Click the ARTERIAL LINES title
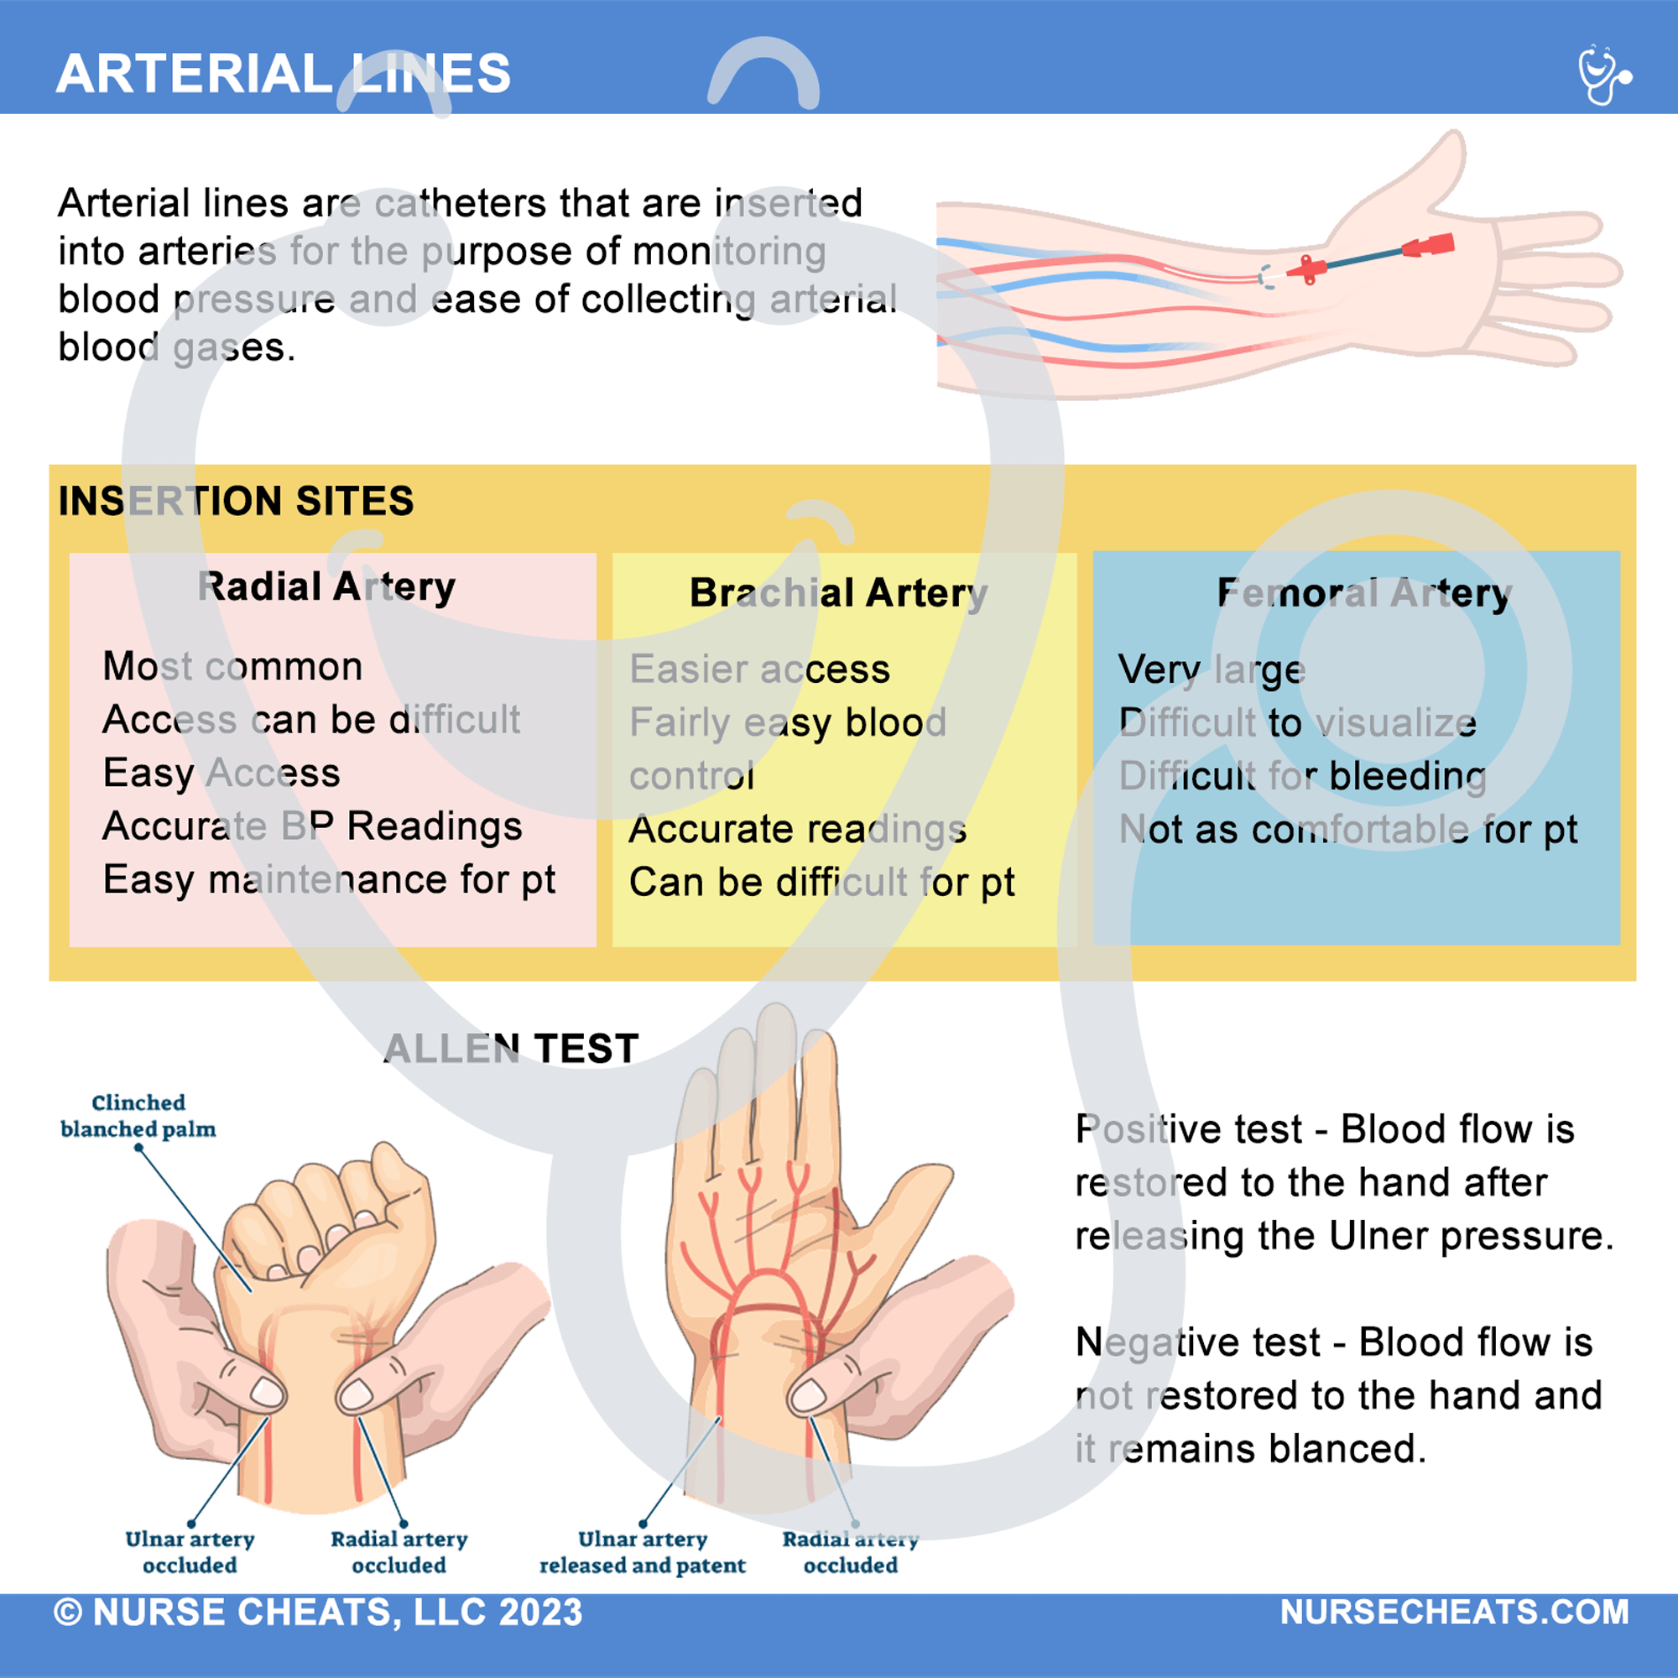(x=283, y=74)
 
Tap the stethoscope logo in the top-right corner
(x=1603, y=76)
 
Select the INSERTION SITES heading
(x=236, y=501)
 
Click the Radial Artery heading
(x=326, y=587)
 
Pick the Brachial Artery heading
(x=838, y=593)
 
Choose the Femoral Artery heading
(x=1363, y=593)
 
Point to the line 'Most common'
(x=232, y=666)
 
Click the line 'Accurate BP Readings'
(x=312, y=826)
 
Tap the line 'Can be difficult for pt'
(x=821, y=883)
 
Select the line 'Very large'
(x=1211, y=670)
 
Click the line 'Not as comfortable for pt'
(x=1347, y=830)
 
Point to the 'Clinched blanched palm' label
(x=138, y=1116)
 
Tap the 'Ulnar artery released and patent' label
(x=642, y=1552)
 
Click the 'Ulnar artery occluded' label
(x=190, y=1552)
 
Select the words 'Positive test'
(x=1188, y=1129)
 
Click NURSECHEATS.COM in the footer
(x=1454, y=1612)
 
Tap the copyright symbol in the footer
(x=68, y=1613)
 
